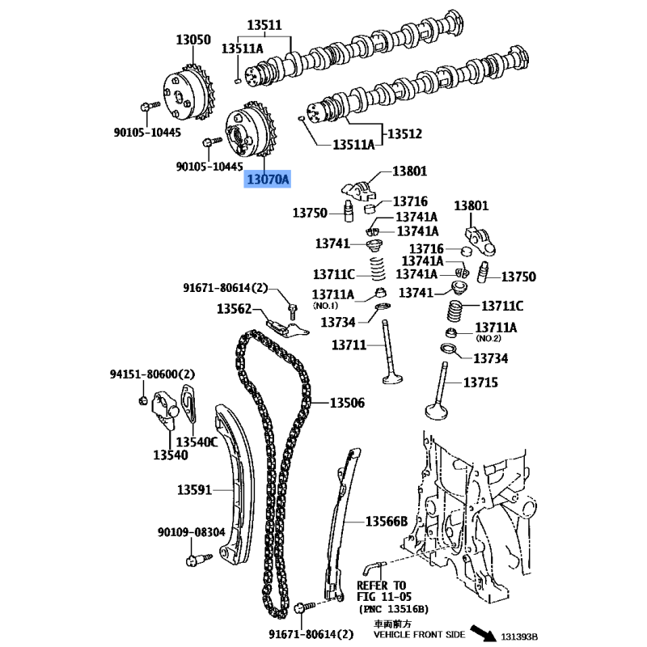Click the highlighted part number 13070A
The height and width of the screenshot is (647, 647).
(x=268, y=180)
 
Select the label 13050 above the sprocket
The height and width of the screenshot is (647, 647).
(x=193, y=40)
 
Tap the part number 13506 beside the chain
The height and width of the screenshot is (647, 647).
(x=347, y=402)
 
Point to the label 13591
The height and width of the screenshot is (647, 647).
(x=194, y=490)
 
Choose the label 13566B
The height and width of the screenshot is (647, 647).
(x=387, y=522)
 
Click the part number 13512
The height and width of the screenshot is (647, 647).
(x=404, y=133)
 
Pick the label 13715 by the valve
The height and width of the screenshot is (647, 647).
(x=480, y=383)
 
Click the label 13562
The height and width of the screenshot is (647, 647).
(x=234, y=309)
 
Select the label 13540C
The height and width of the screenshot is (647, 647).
(x=197, y=442)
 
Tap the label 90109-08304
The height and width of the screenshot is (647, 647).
(x=192, y=532)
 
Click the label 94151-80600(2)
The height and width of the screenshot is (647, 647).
(x=152, y=374)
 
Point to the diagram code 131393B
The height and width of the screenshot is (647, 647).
(x=519, y=637)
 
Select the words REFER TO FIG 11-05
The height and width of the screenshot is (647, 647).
(x=383, y=591)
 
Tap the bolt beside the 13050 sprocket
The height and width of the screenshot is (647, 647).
(x=150, y=107)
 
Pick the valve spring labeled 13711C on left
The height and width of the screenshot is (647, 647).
(x=377, y=269)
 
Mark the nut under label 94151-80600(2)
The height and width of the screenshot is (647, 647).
(x=143, y=400)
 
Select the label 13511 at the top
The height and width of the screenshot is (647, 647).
(x=264, y=25)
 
